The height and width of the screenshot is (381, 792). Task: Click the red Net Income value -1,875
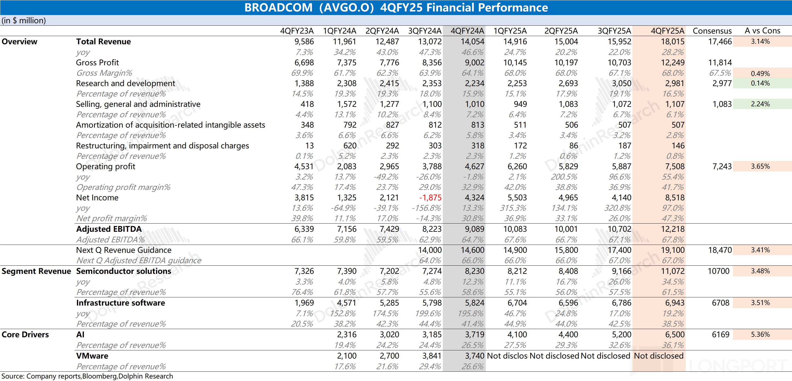(430, 198)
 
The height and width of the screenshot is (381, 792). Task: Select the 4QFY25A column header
(667, 31)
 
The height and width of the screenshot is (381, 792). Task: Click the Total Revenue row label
(103, 42)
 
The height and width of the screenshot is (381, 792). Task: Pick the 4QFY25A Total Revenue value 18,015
(673, 42)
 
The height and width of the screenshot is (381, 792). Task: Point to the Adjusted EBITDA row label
(109, 229)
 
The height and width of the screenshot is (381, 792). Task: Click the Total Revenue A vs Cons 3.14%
(760, 42)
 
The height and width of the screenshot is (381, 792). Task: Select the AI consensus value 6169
(720, 335)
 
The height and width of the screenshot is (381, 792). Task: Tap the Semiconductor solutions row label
(123, 271)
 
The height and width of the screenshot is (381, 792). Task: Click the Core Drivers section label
(25, 335)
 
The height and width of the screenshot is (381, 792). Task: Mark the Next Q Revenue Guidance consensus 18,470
(720, 250)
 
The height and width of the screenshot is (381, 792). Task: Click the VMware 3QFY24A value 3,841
(432, 356)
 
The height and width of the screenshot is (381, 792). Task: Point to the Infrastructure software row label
(120, 303)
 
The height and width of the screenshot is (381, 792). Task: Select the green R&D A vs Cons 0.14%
(760, 83)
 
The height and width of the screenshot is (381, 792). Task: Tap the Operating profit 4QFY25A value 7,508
(675, 166)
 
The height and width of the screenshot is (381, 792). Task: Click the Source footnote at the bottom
(87, 376)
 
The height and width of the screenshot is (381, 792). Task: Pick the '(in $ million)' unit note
(24, 20)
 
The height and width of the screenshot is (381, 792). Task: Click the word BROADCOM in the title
(278, 7)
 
